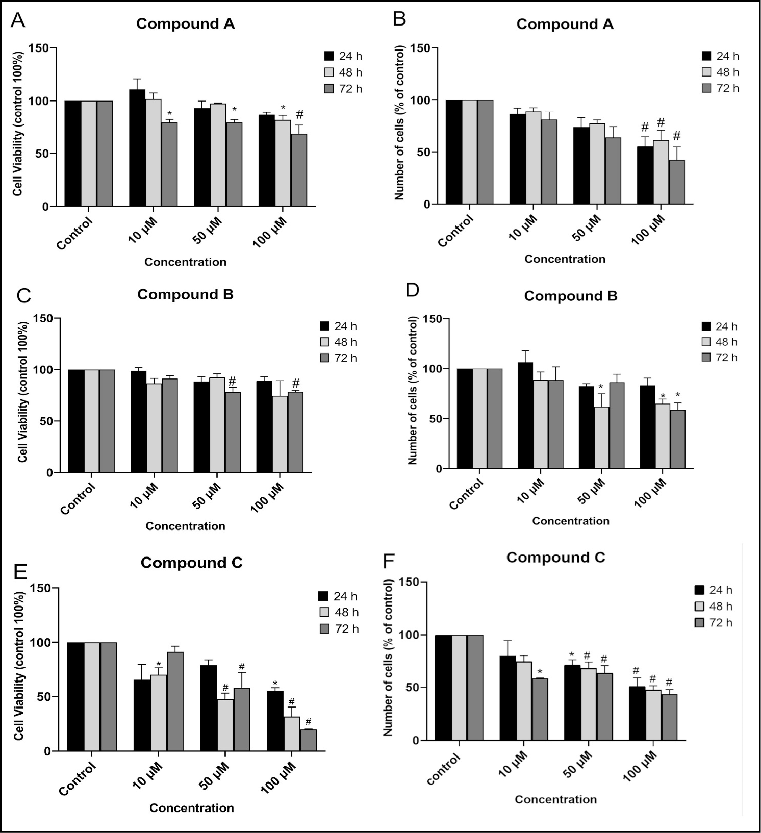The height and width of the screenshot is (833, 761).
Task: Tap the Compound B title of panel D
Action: click(x=570, y=296)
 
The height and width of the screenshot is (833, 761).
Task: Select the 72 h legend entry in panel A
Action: click(x=343, y=89)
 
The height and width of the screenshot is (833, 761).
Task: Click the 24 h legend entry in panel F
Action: click(x=713, y=590)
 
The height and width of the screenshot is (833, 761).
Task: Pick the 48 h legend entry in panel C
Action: click(x=338, y=342)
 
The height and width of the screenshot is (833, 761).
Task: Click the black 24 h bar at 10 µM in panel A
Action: click(x=137, y=148)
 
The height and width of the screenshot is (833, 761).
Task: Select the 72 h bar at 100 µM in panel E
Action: click(x=308, y=740)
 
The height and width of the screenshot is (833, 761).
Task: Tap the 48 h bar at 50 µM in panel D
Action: click(x=601, y=437)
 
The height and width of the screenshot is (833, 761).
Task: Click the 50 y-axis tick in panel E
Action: click(x=45, y=697)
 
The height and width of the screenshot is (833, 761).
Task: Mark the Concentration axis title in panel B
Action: click(x=565, y=259)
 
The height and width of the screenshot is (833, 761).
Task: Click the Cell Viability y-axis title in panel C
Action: click(x=22, y=392)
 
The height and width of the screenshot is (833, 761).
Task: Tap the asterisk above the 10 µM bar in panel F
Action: click(x=540, y=672)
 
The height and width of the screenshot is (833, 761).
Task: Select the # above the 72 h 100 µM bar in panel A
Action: click(x=299, y=114)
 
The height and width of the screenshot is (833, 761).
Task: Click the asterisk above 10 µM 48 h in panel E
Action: click(x=159, y=665)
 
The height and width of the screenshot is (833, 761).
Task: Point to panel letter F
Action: click(x=389, y=561)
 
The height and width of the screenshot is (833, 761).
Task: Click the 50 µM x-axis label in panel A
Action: click(x=207, y=231)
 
